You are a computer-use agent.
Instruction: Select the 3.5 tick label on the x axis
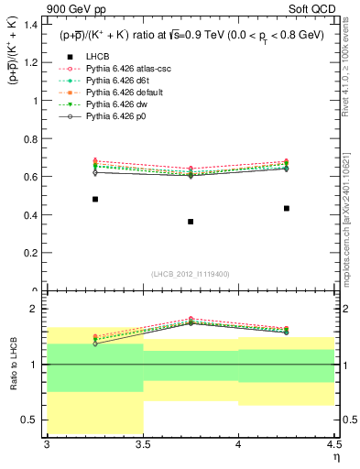pos(143,445)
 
